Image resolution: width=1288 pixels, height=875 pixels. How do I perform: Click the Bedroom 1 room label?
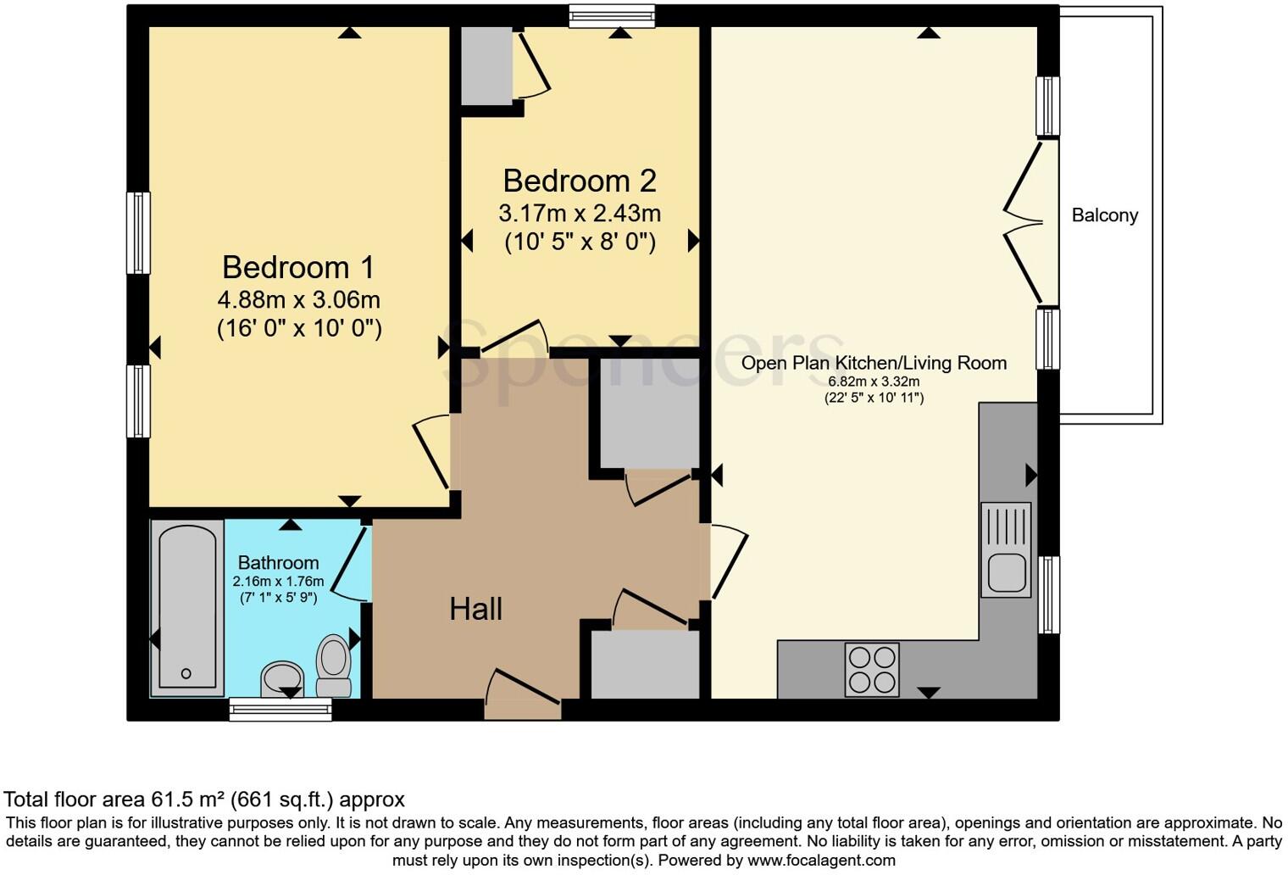[x=297, y=268]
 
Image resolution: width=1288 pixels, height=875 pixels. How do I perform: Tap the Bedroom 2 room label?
[x=580, y=181]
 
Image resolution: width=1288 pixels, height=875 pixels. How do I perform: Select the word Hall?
[x=475, y=609]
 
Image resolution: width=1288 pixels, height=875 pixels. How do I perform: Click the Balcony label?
[x=1104, y=215]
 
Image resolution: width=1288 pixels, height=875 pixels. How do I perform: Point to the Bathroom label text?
[x=278, y=563]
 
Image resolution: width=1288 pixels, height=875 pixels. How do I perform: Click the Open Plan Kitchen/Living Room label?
[x=874, y=364]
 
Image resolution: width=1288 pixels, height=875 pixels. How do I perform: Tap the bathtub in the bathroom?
[x=186, y=607]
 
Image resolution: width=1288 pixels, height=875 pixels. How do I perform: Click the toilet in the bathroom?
[x=334, y=666]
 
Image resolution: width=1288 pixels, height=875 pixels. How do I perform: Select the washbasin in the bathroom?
[x=282, y=679]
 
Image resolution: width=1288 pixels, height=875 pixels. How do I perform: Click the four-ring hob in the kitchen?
[x=872, y=670]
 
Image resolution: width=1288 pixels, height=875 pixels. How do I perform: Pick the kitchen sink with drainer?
[x=1006, y=549]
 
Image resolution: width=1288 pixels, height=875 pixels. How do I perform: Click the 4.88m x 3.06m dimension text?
[x=298, y=300]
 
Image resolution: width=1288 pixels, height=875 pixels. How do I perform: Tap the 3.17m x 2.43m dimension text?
[x=580, y=213]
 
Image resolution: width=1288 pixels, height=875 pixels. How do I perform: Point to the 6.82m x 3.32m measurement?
[x=874, y=382]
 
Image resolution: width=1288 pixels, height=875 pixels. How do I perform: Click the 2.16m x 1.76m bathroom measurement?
[x=278, y=582]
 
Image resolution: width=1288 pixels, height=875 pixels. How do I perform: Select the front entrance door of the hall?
[x=523, y=699]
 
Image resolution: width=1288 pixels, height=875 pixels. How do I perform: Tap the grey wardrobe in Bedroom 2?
[x=486, y=66]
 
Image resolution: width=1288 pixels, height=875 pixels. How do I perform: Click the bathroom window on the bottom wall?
[x=280, y=710]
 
